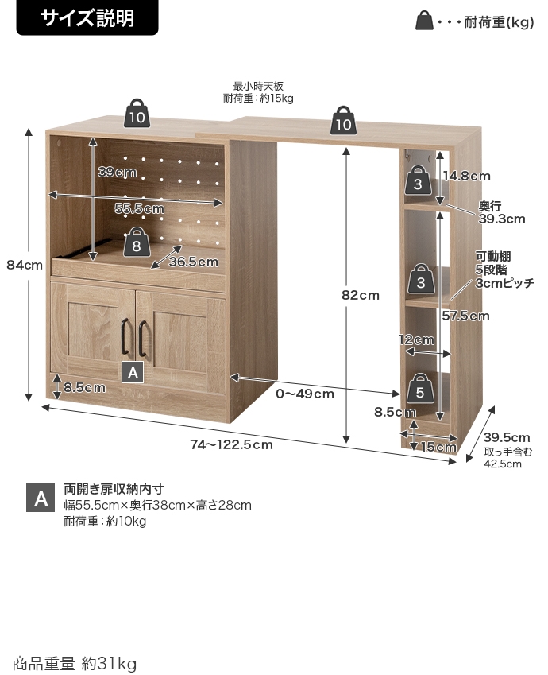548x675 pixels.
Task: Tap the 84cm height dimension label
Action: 24,266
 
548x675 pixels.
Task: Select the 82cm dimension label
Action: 360,295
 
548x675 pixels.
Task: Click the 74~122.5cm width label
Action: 232,444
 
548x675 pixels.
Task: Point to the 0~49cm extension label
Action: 305,394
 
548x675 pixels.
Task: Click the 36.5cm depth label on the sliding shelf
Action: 193,262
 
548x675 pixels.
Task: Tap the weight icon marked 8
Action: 137,242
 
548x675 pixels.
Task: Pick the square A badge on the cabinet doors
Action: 133,370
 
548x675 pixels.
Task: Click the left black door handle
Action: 125,338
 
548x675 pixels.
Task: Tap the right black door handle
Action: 143,338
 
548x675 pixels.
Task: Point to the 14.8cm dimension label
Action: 466,176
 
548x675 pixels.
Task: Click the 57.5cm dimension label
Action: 465,316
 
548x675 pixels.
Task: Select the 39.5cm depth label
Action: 507,437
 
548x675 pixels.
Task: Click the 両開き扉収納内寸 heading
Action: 114,489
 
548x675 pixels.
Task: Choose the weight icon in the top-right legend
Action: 425,21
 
